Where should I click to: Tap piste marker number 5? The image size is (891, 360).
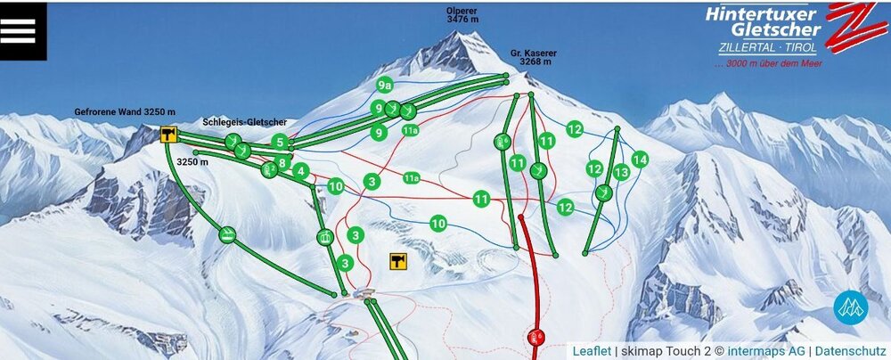click(x=280, y=142)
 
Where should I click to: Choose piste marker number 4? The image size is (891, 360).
click(x=300, y=170)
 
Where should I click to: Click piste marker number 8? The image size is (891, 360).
click(x=282, y=163)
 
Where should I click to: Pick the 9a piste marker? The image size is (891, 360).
click(x=385, y=86)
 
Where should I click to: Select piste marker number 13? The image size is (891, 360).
click(x=621, y=171)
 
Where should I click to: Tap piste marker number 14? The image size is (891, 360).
click(x=639, y=159)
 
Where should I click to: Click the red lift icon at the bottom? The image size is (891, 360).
click(x=535, y=337)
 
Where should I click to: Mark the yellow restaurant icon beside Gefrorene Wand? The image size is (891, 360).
click(x=168, y=135)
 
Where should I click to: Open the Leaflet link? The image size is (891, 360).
click(x=592, y=351)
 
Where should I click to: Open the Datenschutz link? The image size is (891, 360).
click(x=850, y=351)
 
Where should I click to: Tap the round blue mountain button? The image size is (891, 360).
click(x=850, y=307)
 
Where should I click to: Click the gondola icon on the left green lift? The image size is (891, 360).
click(x=228, y=234)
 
